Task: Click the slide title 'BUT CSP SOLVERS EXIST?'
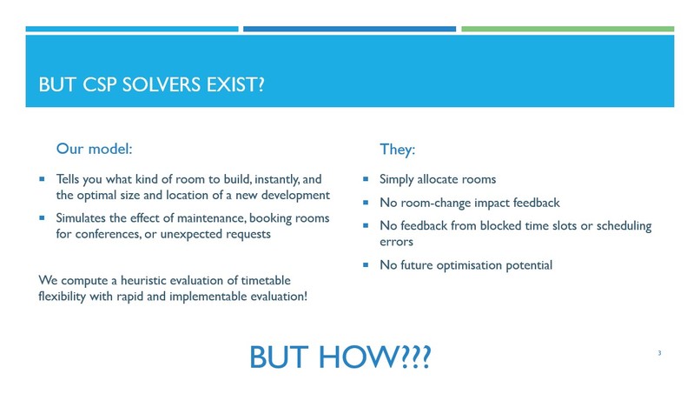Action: [x=152, y=84]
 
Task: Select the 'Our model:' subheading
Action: [x=94, y=149]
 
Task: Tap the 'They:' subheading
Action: [x=397, y=149]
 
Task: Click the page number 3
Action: [x=659, y=353]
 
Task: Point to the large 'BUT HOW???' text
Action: [x=340, y=357]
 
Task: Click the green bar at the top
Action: [x=567, y=29]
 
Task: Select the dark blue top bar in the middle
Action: [x=349, y=29]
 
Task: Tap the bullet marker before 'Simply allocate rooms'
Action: [x=366, y=179]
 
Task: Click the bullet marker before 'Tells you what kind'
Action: [x=42, y=179]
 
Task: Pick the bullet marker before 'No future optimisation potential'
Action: [x=366, y=264]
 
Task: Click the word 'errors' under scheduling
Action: [x=396, y=242]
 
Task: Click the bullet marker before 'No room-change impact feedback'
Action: [x=366, y=203]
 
